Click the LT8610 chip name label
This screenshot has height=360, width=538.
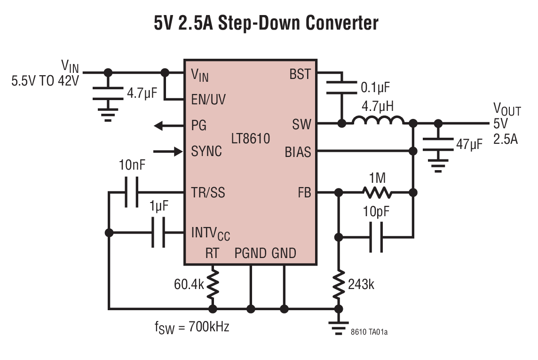[251, 139]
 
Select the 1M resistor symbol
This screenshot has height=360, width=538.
[376, 193]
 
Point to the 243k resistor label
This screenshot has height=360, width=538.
[361, 284]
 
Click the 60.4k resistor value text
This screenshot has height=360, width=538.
[189, 284]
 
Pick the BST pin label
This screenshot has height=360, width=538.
[300, 74]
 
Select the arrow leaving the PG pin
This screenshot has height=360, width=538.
[165, 125]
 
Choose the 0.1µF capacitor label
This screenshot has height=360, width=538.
[375, 88]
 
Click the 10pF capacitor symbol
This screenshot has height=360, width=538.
[376, 237]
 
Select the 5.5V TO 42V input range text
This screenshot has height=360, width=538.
[46, 80]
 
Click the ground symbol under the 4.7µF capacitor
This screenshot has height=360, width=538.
[108, 114]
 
